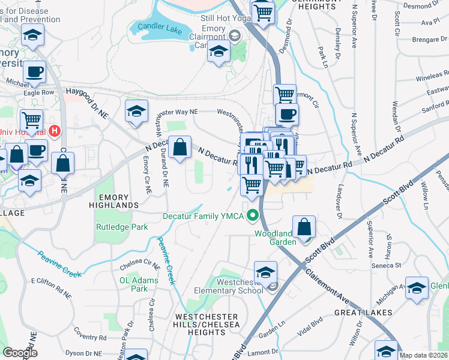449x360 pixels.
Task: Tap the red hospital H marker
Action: (x=55, y=130)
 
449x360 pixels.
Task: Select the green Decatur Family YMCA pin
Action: (x=255, y=215)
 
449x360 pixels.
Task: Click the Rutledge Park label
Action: (x=122, y=227)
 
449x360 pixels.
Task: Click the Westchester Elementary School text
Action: (x=232, y=286)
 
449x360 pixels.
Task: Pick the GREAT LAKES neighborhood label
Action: (x=366, y=313)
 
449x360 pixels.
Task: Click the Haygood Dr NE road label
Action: (x=86, y=92)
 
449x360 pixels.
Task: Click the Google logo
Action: (x=19, y=352)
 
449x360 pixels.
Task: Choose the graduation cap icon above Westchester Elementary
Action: (x=265, y=271)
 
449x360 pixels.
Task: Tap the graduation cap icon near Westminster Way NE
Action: (x=137, y=110)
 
